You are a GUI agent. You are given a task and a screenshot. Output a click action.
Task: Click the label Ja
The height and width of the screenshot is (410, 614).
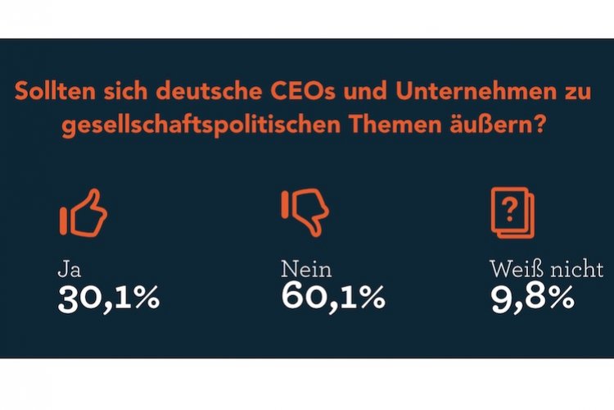[69, 269]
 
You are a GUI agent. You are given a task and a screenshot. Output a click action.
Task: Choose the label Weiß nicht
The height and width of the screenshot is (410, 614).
[546, 268]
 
